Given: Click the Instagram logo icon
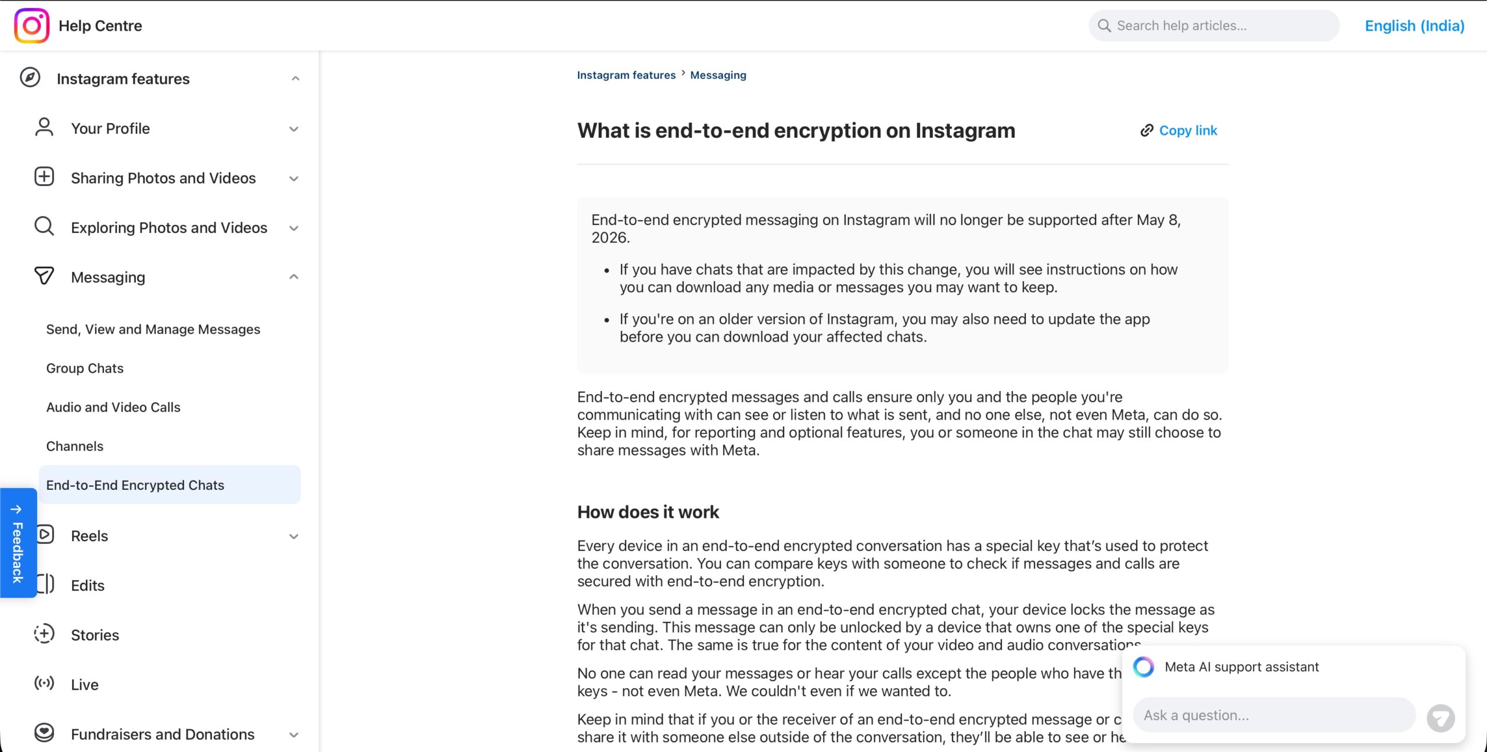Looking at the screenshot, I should [31, 26].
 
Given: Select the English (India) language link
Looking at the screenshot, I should [1414, 26].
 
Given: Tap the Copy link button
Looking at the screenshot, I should [1179, 130].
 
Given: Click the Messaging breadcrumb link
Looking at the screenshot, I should [718, 75].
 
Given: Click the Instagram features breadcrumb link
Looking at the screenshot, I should [626, 75].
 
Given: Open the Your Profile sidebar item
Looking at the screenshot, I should [110, 128].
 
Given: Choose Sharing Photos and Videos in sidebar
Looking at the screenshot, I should [163, 178].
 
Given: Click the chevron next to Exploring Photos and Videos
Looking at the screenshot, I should [294, 228].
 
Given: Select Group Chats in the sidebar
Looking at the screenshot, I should [85, 368].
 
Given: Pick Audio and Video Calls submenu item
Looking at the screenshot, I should [113, 407].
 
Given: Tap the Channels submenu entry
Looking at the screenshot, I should [75, 446].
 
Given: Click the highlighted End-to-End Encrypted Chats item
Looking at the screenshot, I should [135, 485].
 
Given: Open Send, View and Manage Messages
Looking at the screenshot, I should [153, 330].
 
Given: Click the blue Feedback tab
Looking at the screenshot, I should [18, 543].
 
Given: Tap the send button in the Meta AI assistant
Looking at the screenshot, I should [1441, 718].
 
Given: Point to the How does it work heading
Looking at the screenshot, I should [648, 512].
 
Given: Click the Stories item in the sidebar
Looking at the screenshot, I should [95, 635].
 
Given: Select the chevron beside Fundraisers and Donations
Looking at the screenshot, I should [294, 735].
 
